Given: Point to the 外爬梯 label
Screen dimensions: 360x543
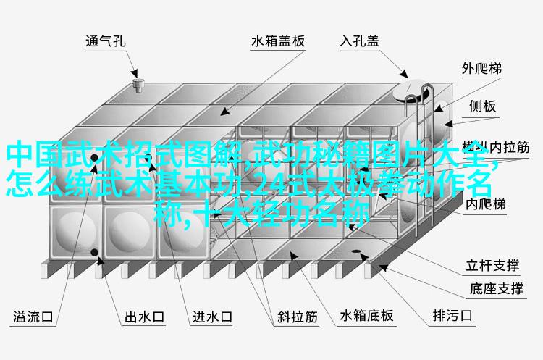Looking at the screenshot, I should [481, 70].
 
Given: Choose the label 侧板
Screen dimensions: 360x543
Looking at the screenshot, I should [482, 106].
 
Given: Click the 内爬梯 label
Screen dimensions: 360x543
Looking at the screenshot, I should [484, 205].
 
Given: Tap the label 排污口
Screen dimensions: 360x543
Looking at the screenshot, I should [452, 316].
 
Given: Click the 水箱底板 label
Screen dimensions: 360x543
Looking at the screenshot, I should [368, 316].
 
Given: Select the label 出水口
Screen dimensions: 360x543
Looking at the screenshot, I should [143, 317].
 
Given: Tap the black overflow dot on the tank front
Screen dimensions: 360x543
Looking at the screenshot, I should [95, 252].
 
